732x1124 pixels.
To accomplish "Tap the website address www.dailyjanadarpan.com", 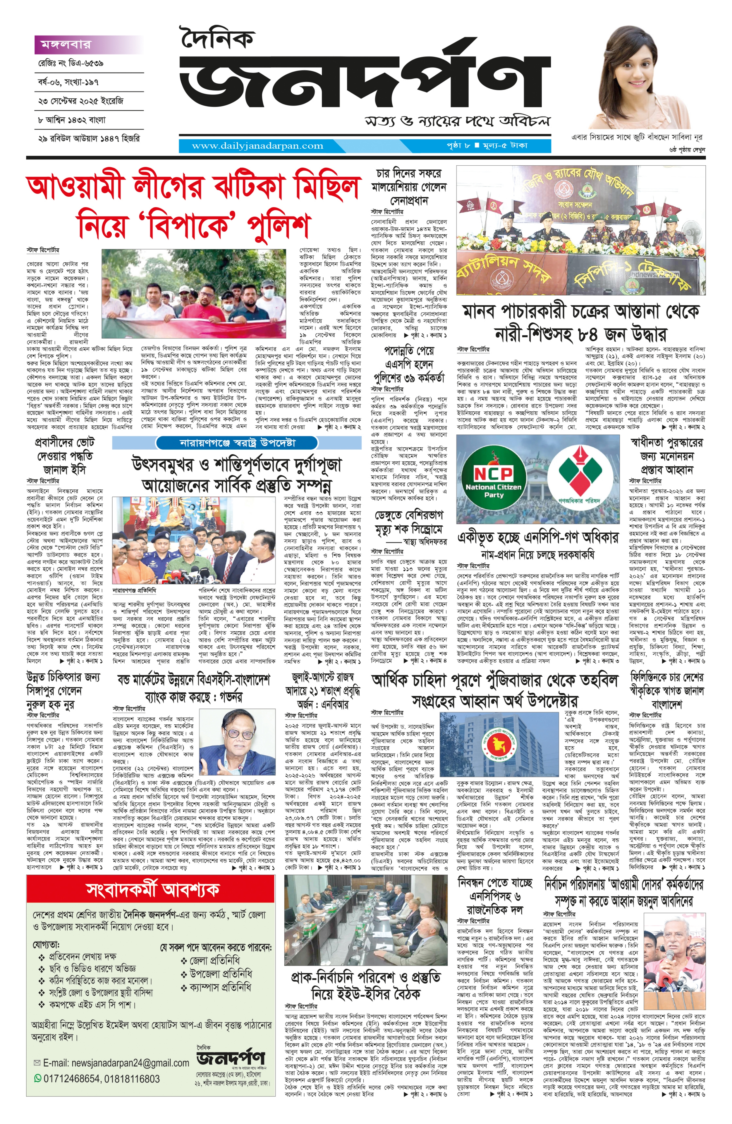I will pos(257,146).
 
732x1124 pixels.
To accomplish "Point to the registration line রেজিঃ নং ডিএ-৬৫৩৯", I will pos(71,63).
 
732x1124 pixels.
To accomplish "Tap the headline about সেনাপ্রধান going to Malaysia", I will pos(408,187).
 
